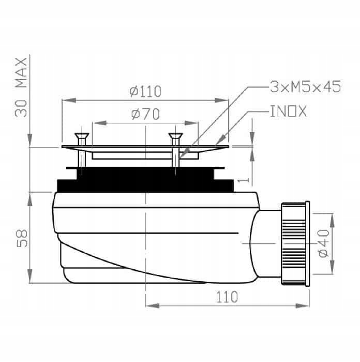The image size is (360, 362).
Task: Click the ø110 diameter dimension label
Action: click(x=146, y=92)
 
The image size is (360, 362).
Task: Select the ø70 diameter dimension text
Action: click(x=145, y=114)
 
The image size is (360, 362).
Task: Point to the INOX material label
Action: click(x=289, y=111)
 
